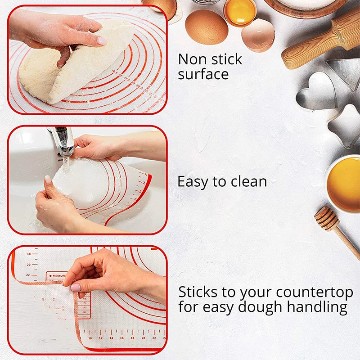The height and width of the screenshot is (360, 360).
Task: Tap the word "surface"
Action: point(203,74)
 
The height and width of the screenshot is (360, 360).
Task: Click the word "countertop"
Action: point(315,292)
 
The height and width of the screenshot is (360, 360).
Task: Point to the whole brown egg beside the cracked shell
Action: point(206,27)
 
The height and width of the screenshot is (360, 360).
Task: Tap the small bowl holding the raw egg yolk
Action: point(240,12)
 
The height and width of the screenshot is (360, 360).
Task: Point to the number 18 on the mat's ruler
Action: point(29,254)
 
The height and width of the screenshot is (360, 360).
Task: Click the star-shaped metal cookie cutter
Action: point(345,126)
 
